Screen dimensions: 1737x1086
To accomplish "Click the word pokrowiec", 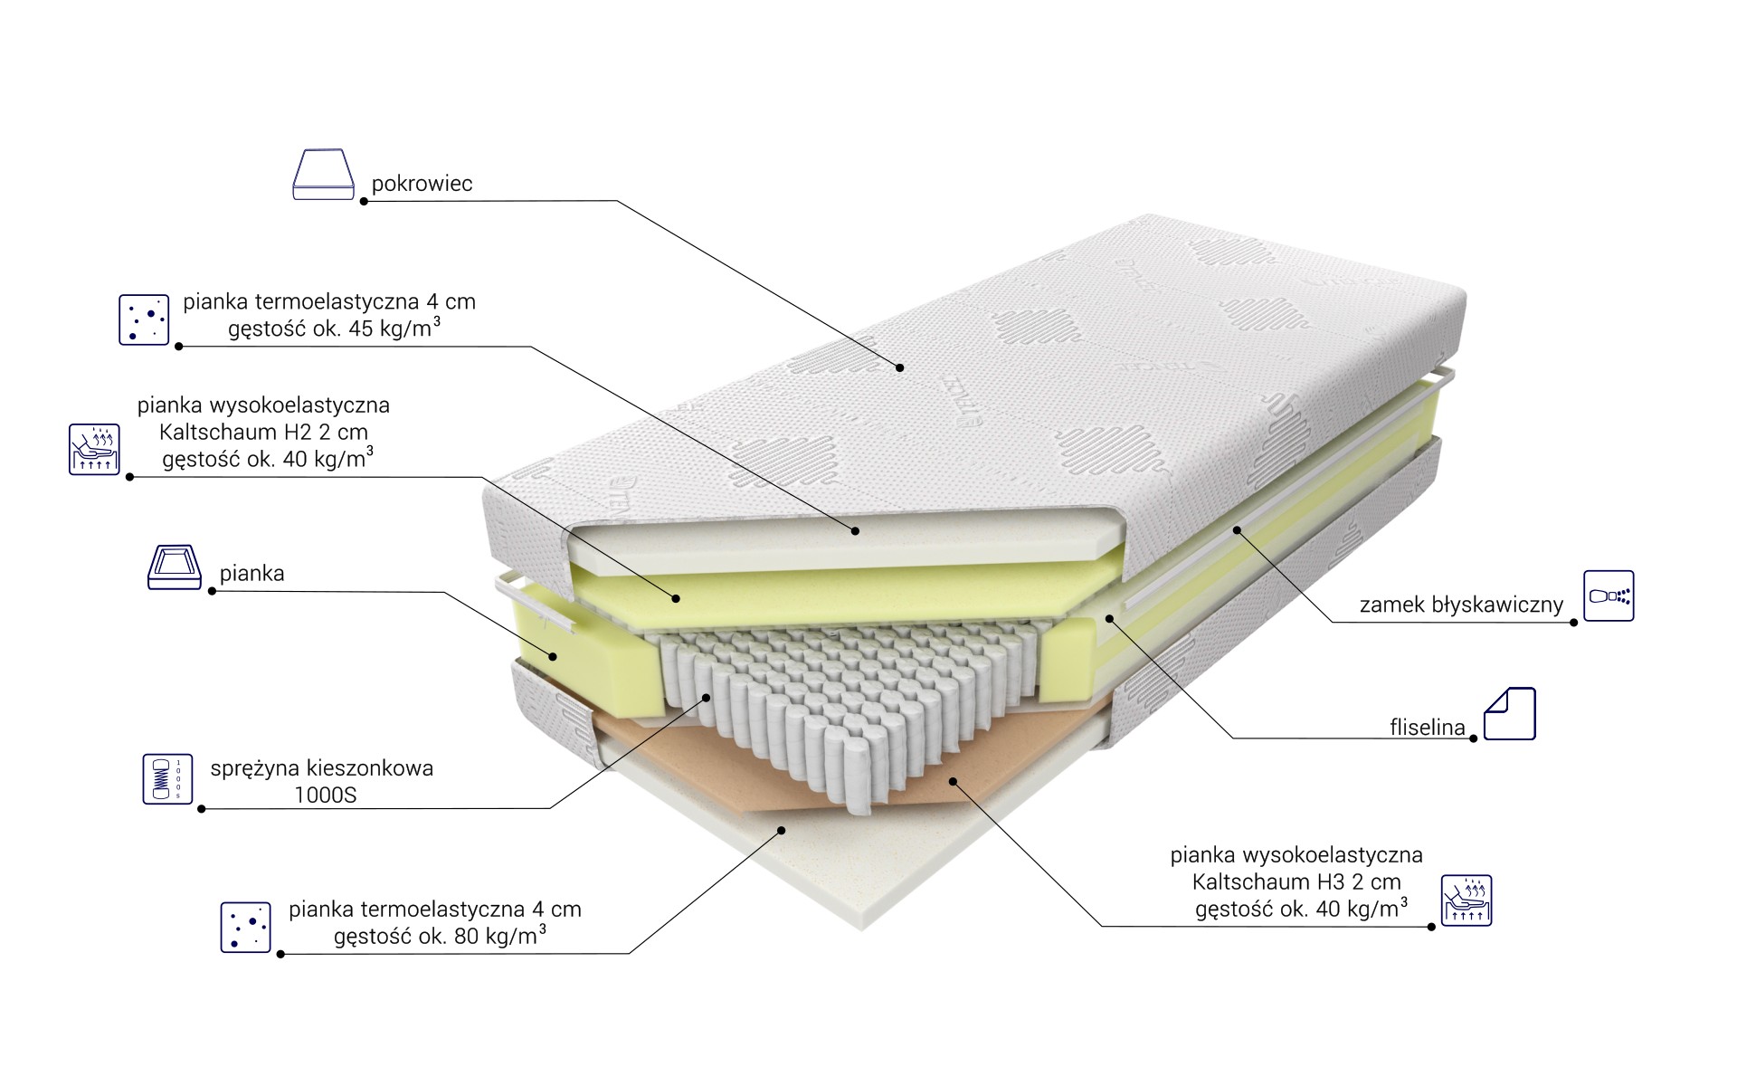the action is coord(422,184).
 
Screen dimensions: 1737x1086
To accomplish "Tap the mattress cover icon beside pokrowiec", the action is coord(323,174).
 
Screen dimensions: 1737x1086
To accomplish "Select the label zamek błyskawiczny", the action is coord(1461,605).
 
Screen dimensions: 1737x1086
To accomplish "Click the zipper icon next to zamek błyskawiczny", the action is coord(1609,595).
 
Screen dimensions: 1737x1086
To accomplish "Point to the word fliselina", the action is coord(1428,727).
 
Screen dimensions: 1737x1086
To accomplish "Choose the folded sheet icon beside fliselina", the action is coord(1510,713).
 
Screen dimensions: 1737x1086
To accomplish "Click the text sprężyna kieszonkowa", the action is coord(322,768).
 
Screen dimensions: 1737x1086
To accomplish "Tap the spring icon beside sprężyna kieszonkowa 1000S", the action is coord(167,778).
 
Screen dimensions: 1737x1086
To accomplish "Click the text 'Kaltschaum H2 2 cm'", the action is coord(263,432).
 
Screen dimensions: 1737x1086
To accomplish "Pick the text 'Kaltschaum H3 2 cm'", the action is coord(1296,881).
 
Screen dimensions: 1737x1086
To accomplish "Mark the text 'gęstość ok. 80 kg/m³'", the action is coord(440,935).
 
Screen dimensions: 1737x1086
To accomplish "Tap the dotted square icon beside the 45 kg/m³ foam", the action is coord(144,319).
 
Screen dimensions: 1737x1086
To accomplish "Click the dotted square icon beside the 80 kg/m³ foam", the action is coord(246,927).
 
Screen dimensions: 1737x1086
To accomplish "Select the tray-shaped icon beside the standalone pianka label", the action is coord(175,567).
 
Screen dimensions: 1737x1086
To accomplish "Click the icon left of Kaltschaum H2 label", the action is coord(94,450).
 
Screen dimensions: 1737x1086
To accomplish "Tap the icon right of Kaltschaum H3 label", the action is coord(1466,900).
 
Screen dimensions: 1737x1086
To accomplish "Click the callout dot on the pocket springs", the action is coord(707,696).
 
